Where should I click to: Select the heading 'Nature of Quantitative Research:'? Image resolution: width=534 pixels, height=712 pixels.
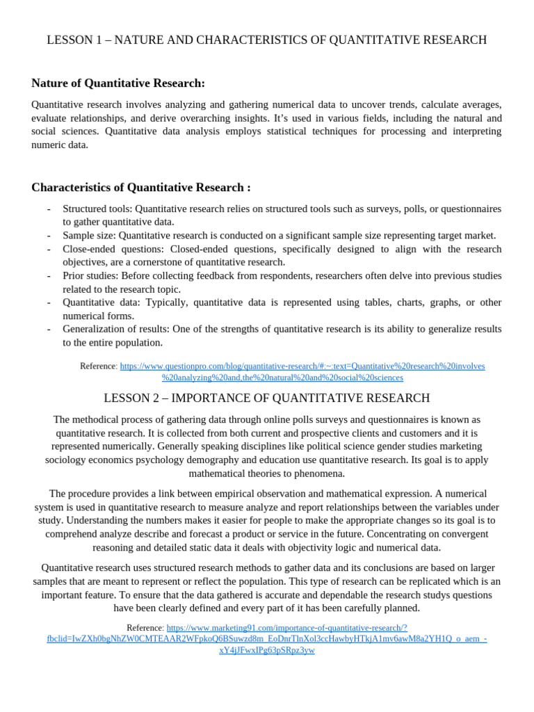click(118, 83)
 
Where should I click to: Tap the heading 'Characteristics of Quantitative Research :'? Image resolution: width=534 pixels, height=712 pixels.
click(141, 188)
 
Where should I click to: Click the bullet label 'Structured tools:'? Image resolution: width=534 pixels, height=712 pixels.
click(97, 209)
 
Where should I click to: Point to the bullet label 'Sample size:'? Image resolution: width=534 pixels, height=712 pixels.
click(89, 236)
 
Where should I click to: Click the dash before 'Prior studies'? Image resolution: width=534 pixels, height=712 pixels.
click(49, 276)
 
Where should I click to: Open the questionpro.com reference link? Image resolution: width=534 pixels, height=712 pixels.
click(302, 366)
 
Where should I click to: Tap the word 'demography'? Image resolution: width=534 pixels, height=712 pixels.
click(282, 460)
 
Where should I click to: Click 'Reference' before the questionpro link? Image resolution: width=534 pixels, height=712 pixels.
click(98, 366)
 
